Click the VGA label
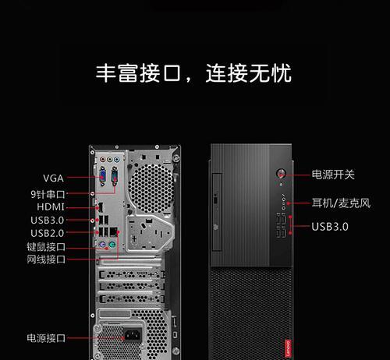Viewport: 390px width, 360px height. (53, 178)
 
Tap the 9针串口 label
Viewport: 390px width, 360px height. (48, 194)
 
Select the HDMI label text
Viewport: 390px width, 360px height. (51, 207)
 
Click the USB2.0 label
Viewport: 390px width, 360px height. (48, 233)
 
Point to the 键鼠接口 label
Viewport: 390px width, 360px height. (46, 246)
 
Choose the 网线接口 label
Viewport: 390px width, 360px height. (46, 259)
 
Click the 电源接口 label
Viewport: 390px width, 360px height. (46, 338)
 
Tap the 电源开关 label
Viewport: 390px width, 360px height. (333, 175)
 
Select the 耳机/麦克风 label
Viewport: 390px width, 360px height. (341, 203)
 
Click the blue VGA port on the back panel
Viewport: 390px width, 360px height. (103, 176)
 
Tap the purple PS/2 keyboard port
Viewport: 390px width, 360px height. (102, 245)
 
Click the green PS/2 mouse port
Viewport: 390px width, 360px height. (112, 245)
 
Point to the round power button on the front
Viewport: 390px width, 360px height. (281, 173)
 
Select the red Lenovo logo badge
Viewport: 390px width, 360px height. (288, 348)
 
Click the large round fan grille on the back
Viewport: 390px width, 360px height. (151, 189)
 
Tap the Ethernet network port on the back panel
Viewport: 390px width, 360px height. (113, 231)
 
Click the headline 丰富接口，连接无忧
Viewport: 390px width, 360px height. (193, 73)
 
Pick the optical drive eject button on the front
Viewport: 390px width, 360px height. (215, 200)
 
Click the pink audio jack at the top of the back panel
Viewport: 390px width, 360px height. (103, 159)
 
